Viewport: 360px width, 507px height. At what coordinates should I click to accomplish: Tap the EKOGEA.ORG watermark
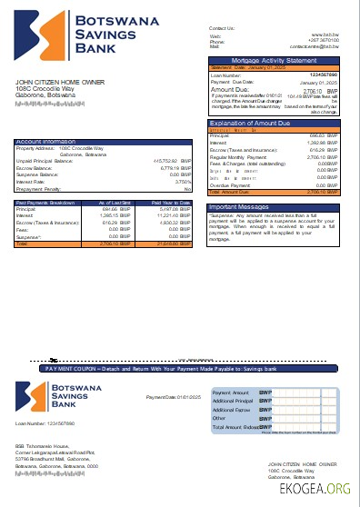321,489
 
